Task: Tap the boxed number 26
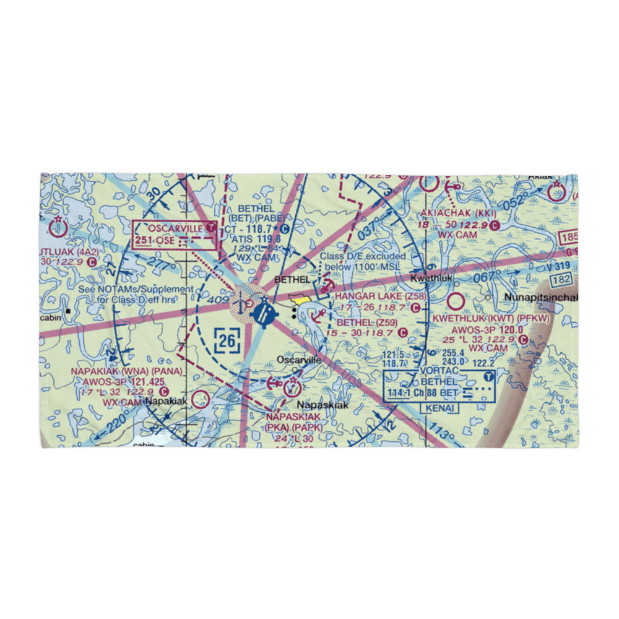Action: [x=227, y=340]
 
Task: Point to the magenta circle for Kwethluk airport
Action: [x=456, y=302]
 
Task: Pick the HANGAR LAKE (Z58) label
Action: [x=380, y=297]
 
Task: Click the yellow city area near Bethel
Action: [x=301, y=300]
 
